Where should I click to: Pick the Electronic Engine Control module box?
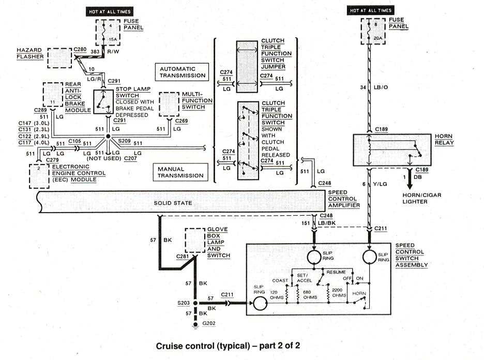pos(39,176)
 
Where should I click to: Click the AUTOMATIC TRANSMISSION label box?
pos(182,71)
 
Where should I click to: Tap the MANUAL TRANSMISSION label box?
pos(182,172)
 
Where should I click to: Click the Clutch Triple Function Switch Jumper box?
pos(247,66)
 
